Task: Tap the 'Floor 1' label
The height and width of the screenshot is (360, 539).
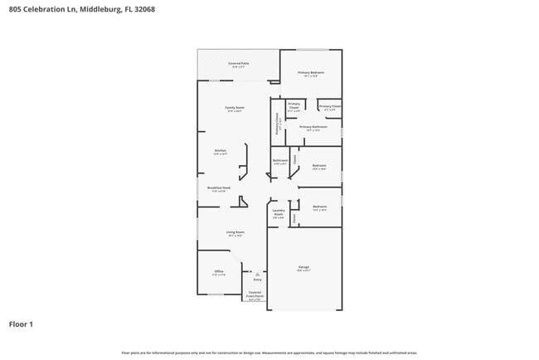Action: (22, 324)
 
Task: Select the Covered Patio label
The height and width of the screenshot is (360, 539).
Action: (238, 64)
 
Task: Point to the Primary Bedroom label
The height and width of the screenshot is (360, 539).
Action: (311, 73)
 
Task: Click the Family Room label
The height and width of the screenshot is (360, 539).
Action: (235, 108)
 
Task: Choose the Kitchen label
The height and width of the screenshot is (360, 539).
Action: (221, 151)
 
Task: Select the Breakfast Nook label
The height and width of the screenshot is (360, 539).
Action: (219, 188)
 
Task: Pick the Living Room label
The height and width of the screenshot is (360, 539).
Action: (235, 232)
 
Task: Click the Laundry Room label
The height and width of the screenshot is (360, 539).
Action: (279, 212)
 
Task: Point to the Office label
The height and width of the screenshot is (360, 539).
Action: (219, 271)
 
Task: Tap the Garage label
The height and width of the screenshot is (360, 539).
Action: (303, 267)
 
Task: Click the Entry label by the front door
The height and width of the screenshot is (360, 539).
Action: (257, 280)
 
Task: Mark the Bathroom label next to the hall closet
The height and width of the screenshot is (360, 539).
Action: (280, 161)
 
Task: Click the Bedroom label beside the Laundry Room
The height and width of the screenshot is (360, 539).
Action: (319, 207)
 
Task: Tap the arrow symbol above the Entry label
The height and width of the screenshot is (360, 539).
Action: (257, 273)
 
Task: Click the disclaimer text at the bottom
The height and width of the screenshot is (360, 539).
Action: (269, 353)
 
